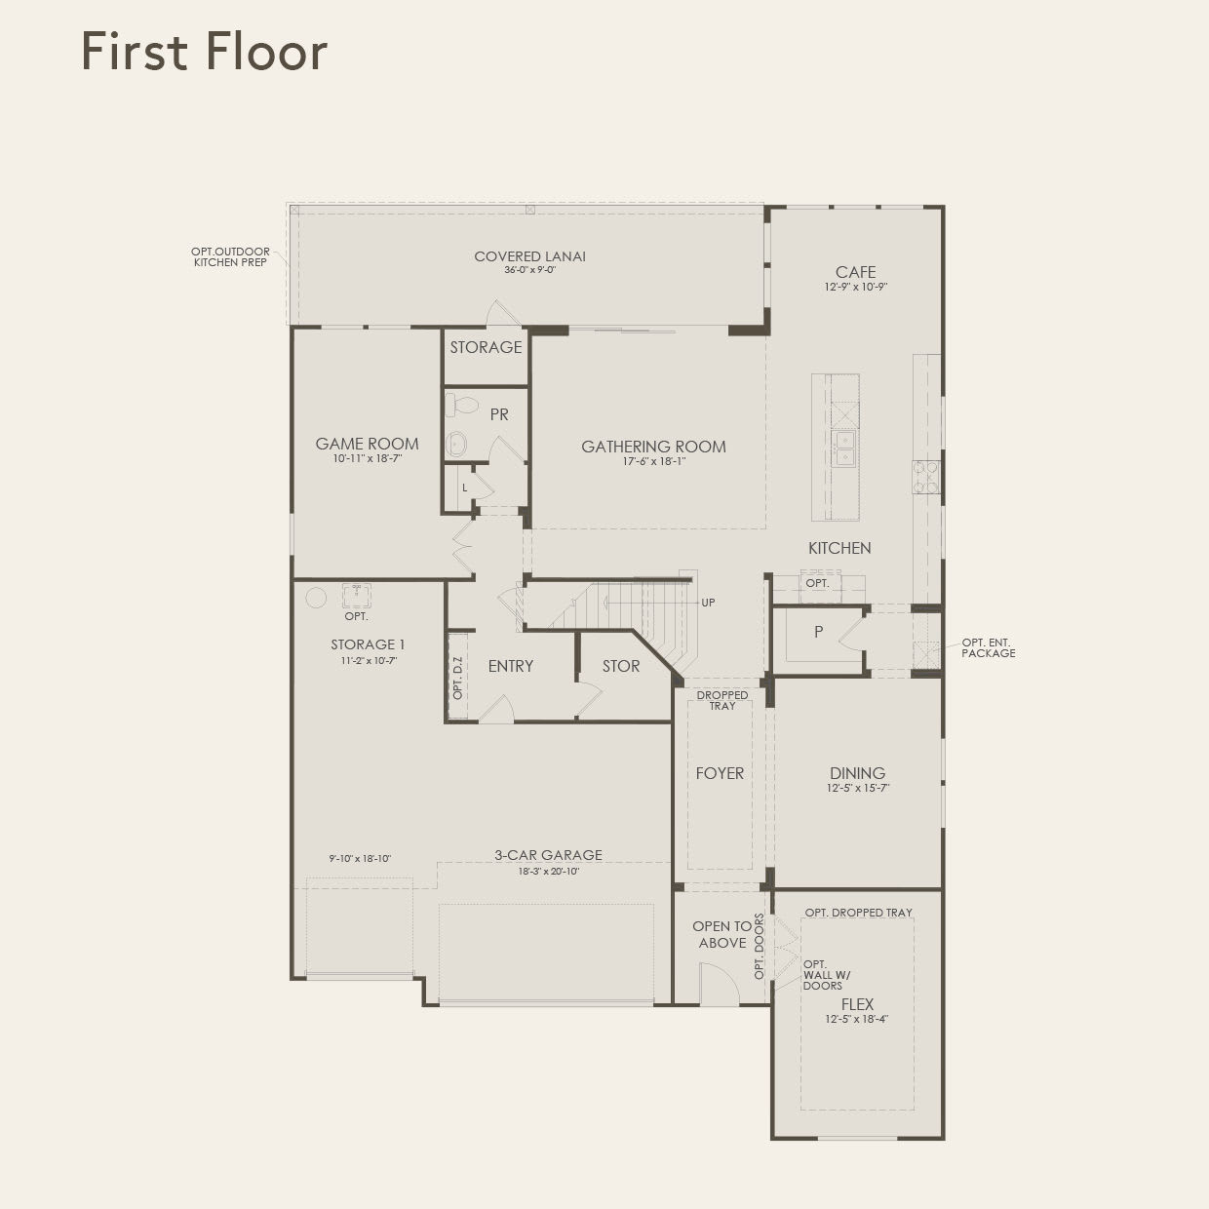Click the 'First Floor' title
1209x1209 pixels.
coord(204,51)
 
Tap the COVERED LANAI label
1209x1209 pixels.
coord(529,256)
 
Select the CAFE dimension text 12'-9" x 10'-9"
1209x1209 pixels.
coord(855,288)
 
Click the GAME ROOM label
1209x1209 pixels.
coord(367,444)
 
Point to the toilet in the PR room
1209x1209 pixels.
coord(462,405)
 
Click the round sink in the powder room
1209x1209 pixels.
coord(456,445)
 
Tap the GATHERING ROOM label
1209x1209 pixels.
coord(653,447)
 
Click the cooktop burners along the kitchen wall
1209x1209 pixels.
coord(925,478)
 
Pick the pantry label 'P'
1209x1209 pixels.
coord(818,632)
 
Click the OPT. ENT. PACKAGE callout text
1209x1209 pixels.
coord(988,647)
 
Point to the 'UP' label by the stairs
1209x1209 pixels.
coord(708,603)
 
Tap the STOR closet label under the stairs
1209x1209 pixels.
coord(620,666)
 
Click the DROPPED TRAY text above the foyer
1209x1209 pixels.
coord(722,700)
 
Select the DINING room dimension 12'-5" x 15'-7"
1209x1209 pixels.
coord(857,788)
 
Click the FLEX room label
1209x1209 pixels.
coord(857,1004)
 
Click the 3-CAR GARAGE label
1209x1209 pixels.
coord(548,855)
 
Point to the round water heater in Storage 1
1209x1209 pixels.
coord(316,598)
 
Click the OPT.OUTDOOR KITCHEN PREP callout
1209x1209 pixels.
coord(230,257)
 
